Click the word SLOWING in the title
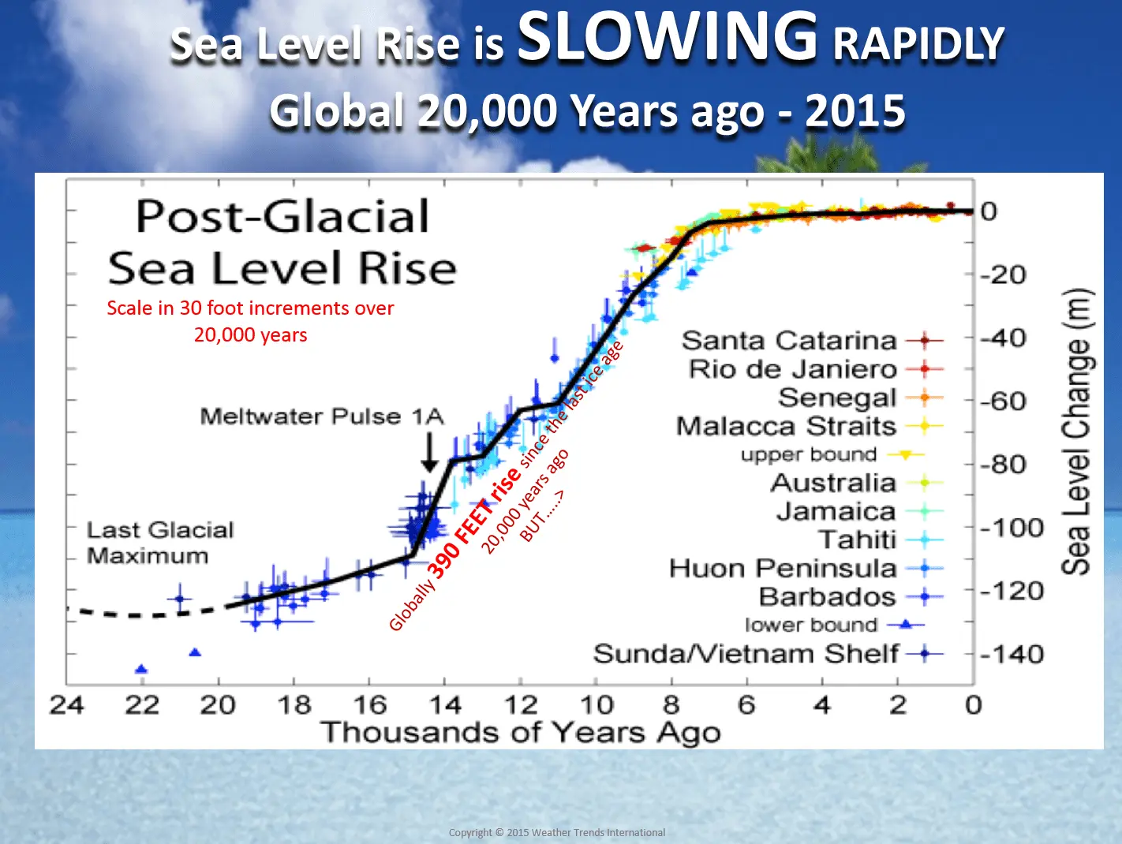pos(667,37)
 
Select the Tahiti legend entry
pos(858,540)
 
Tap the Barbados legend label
pos(827,597)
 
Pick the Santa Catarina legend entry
pos(789,341)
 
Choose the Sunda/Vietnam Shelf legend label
pos(746,654)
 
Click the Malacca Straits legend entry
pos(786,427)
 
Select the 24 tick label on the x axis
pos(67,704)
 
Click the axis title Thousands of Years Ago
pos(520,733)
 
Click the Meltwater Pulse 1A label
pos(322,416)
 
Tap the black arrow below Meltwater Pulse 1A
pos(429,453)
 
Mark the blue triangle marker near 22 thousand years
pos(141,670)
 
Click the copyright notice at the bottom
pos(556,832)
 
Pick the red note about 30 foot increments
pos(250,321)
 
